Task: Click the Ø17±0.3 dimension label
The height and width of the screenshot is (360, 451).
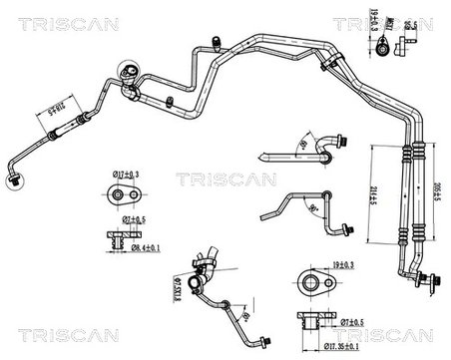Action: point(125,176)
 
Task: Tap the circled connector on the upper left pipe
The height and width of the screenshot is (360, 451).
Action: point(130,73)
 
